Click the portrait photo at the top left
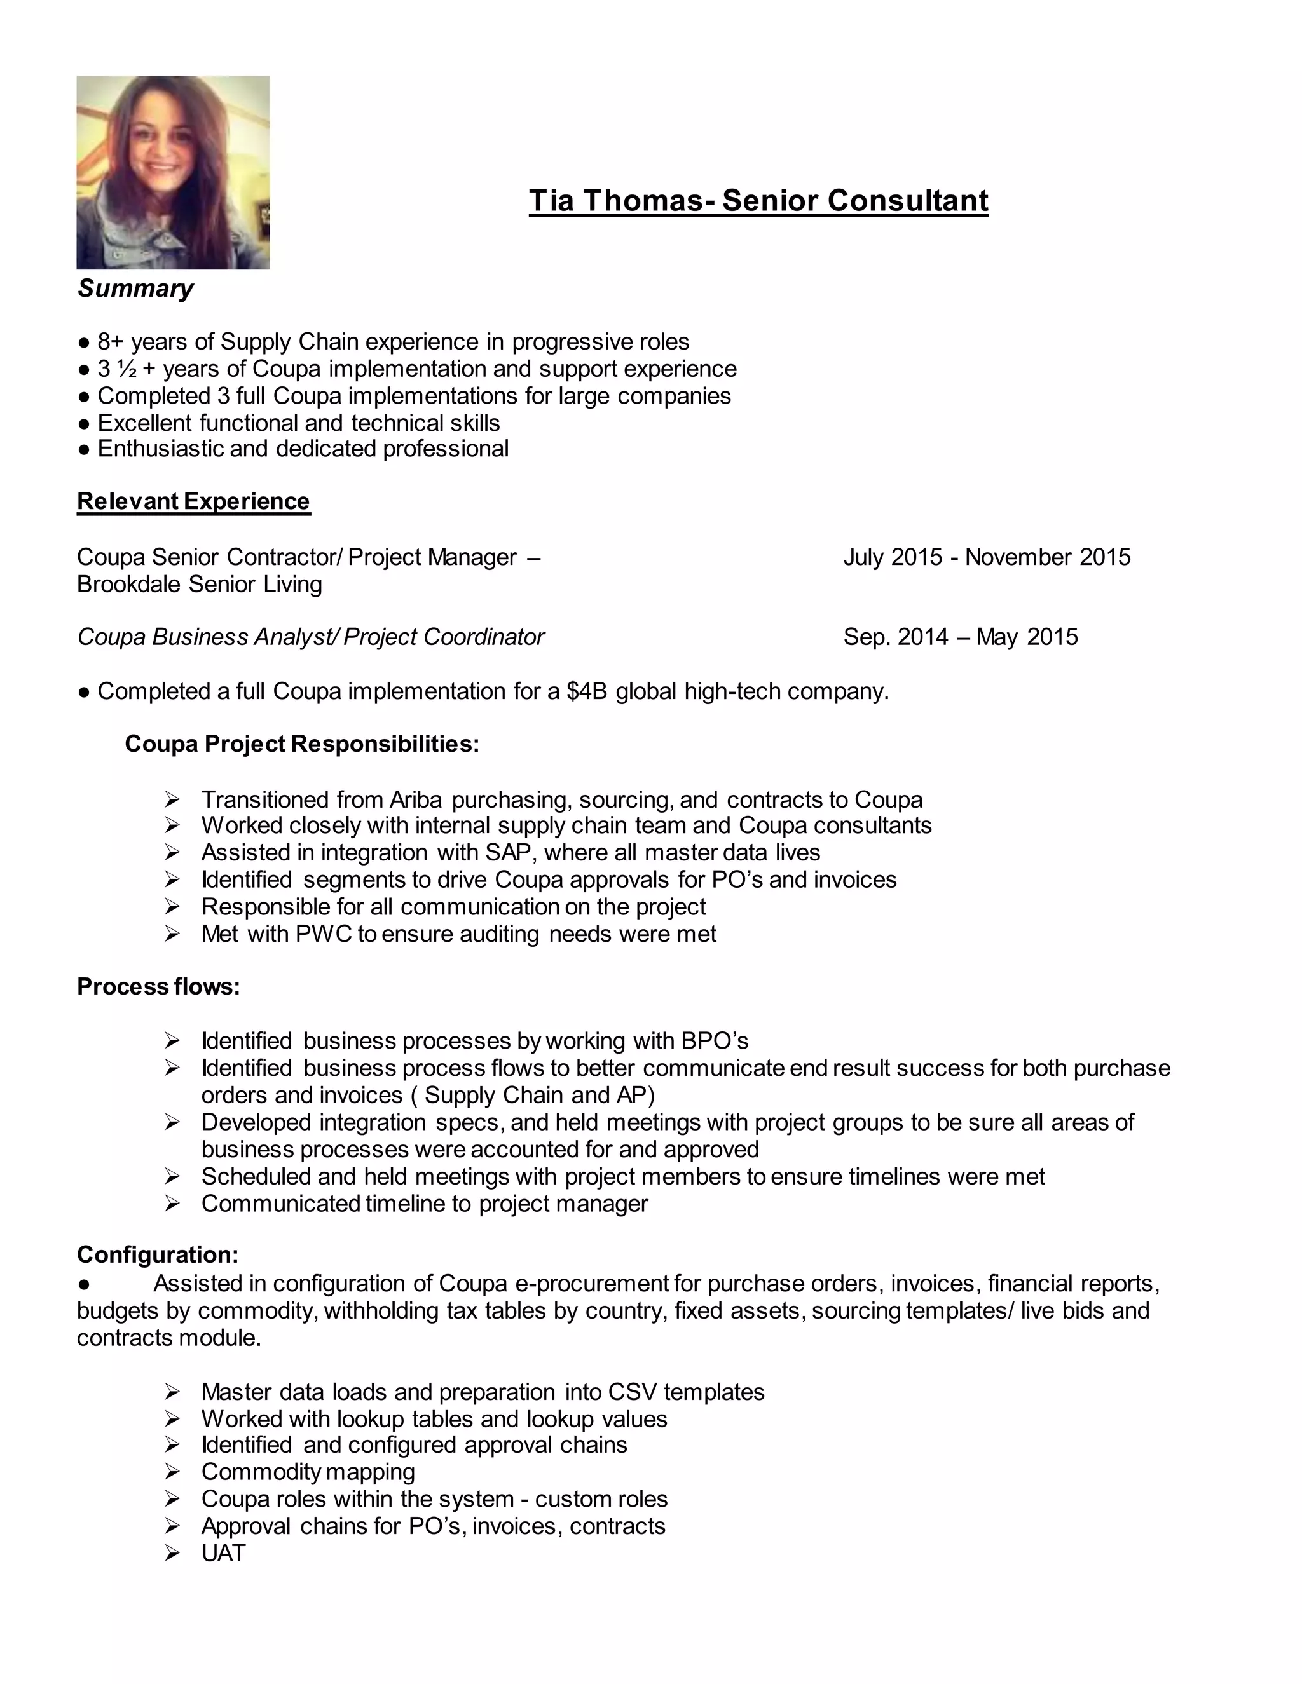(x=173, y=172)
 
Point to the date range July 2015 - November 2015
(x=987, y=557)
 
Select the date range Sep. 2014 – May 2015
(x=961, y=637)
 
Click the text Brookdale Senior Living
(x=199, y=584)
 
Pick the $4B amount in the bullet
(x=587, y=691)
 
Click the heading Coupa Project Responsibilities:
(x=301, y=744)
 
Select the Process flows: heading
(x=158, y=986)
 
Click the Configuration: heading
(x=158, y=1254)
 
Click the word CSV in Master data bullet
(x=632, y=1392)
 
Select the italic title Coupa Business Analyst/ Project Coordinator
(x=310, y=637)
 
